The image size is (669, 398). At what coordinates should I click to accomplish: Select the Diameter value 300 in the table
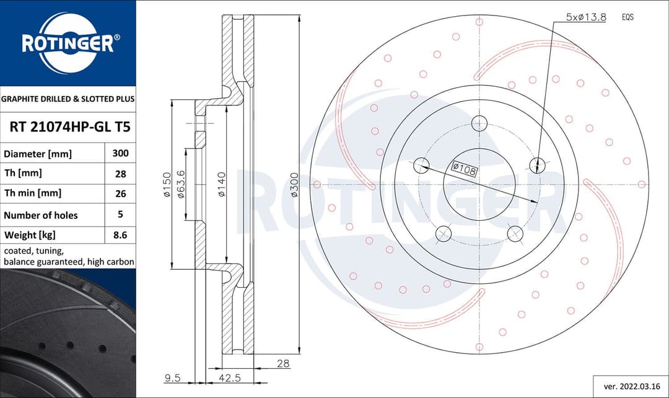pos(120,153)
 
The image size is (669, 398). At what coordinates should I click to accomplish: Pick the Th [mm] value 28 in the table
pos(120,174)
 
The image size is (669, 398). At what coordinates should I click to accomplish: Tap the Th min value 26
pos(120,193)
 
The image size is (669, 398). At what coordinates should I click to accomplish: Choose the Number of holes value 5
pos(120,214)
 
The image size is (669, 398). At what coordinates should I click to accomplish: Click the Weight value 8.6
pos(120,235)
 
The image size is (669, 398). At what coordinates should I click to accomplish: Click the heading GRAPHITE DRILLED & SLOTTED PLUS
pos(68,99)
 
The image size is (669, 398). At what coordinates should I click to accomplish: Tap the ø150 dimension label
pos(167,185)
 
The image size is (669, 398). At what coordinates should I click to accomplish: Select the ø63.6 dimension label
pos(181,184)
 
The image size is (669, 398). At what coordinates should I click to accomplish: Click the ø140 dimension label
pos(222,184)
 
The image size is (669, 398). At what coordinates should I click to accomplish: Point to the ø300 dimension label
pos(295,185)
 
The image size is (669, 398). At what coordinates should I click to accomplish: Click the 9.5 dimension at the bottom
pos(173,377)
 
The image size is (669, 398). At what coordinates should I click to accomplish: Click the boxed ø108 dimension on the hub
pos(464,168)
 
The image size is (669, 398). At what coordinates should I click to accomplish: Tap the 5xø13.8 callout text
pos(585,17)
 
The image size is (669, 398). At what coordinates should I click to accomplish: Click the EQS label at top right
pos(627,17)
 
